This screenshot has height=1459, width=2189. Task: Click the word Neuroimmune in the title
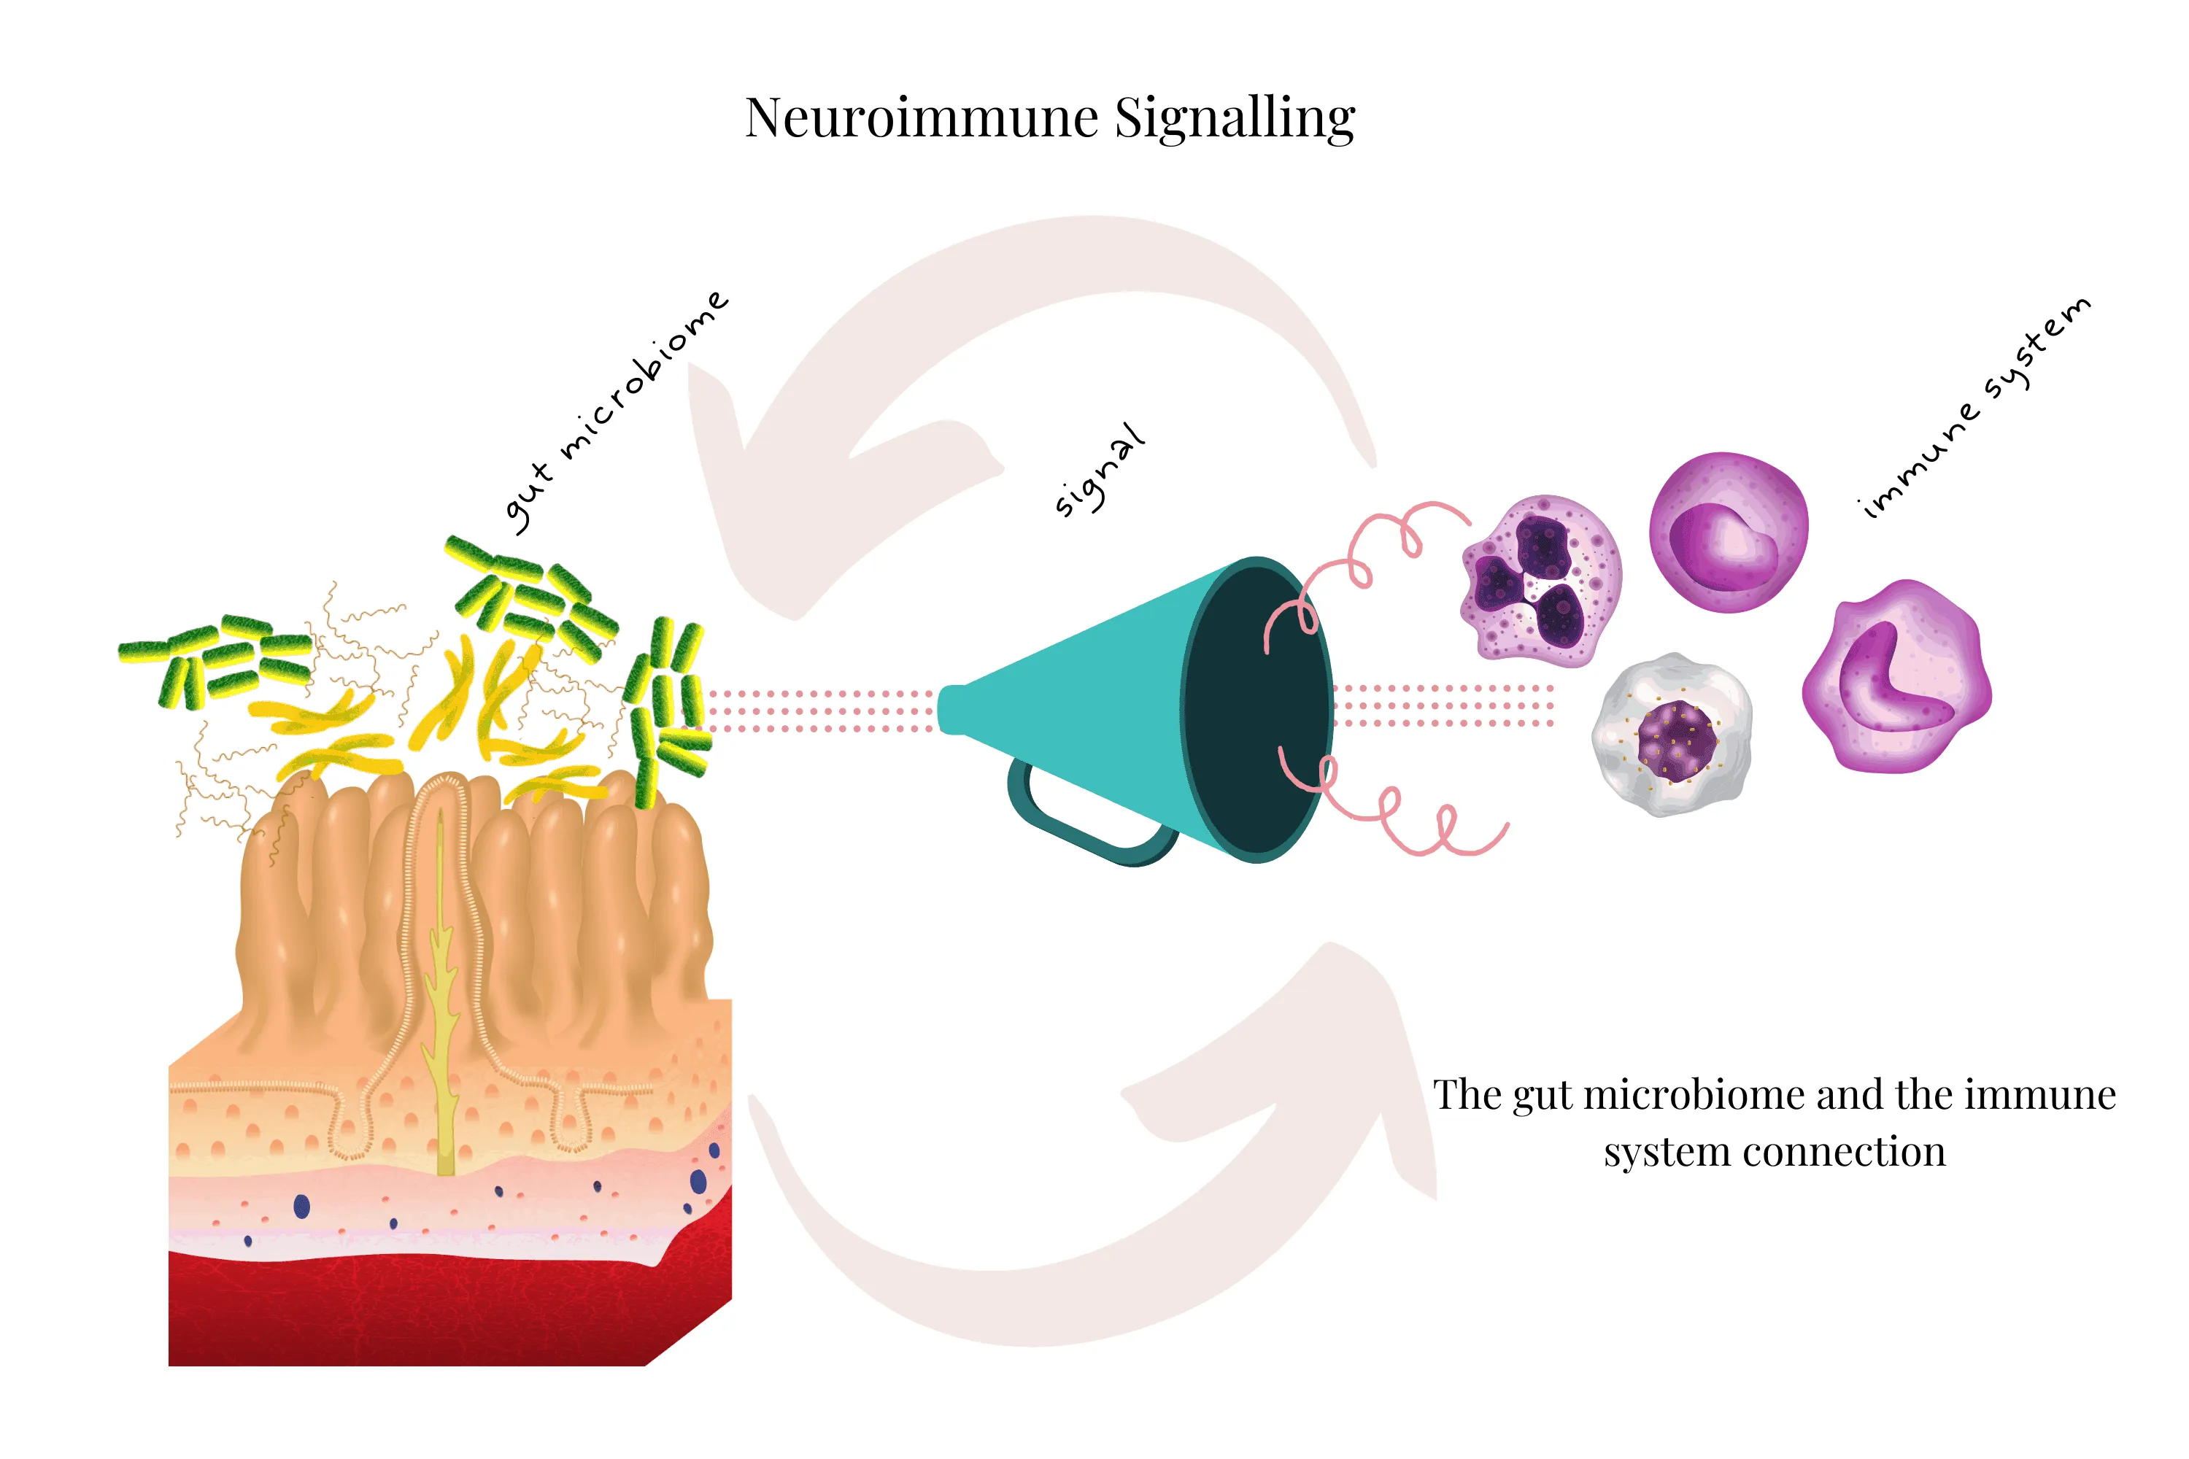(922, 118)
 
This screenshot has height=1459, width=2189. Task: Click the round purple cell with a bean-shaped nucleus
(1729, 533)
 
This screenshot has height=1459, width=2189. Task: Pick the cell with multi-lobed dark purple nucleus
(1540, 581)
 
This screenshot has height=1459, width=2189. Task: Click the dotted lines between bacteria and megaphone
(819, 711)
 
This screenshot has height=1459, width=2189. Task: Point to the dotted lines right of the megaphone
(1443, 705)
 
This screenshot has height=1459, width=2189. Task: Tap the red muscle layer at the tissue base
(419, 1312)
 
